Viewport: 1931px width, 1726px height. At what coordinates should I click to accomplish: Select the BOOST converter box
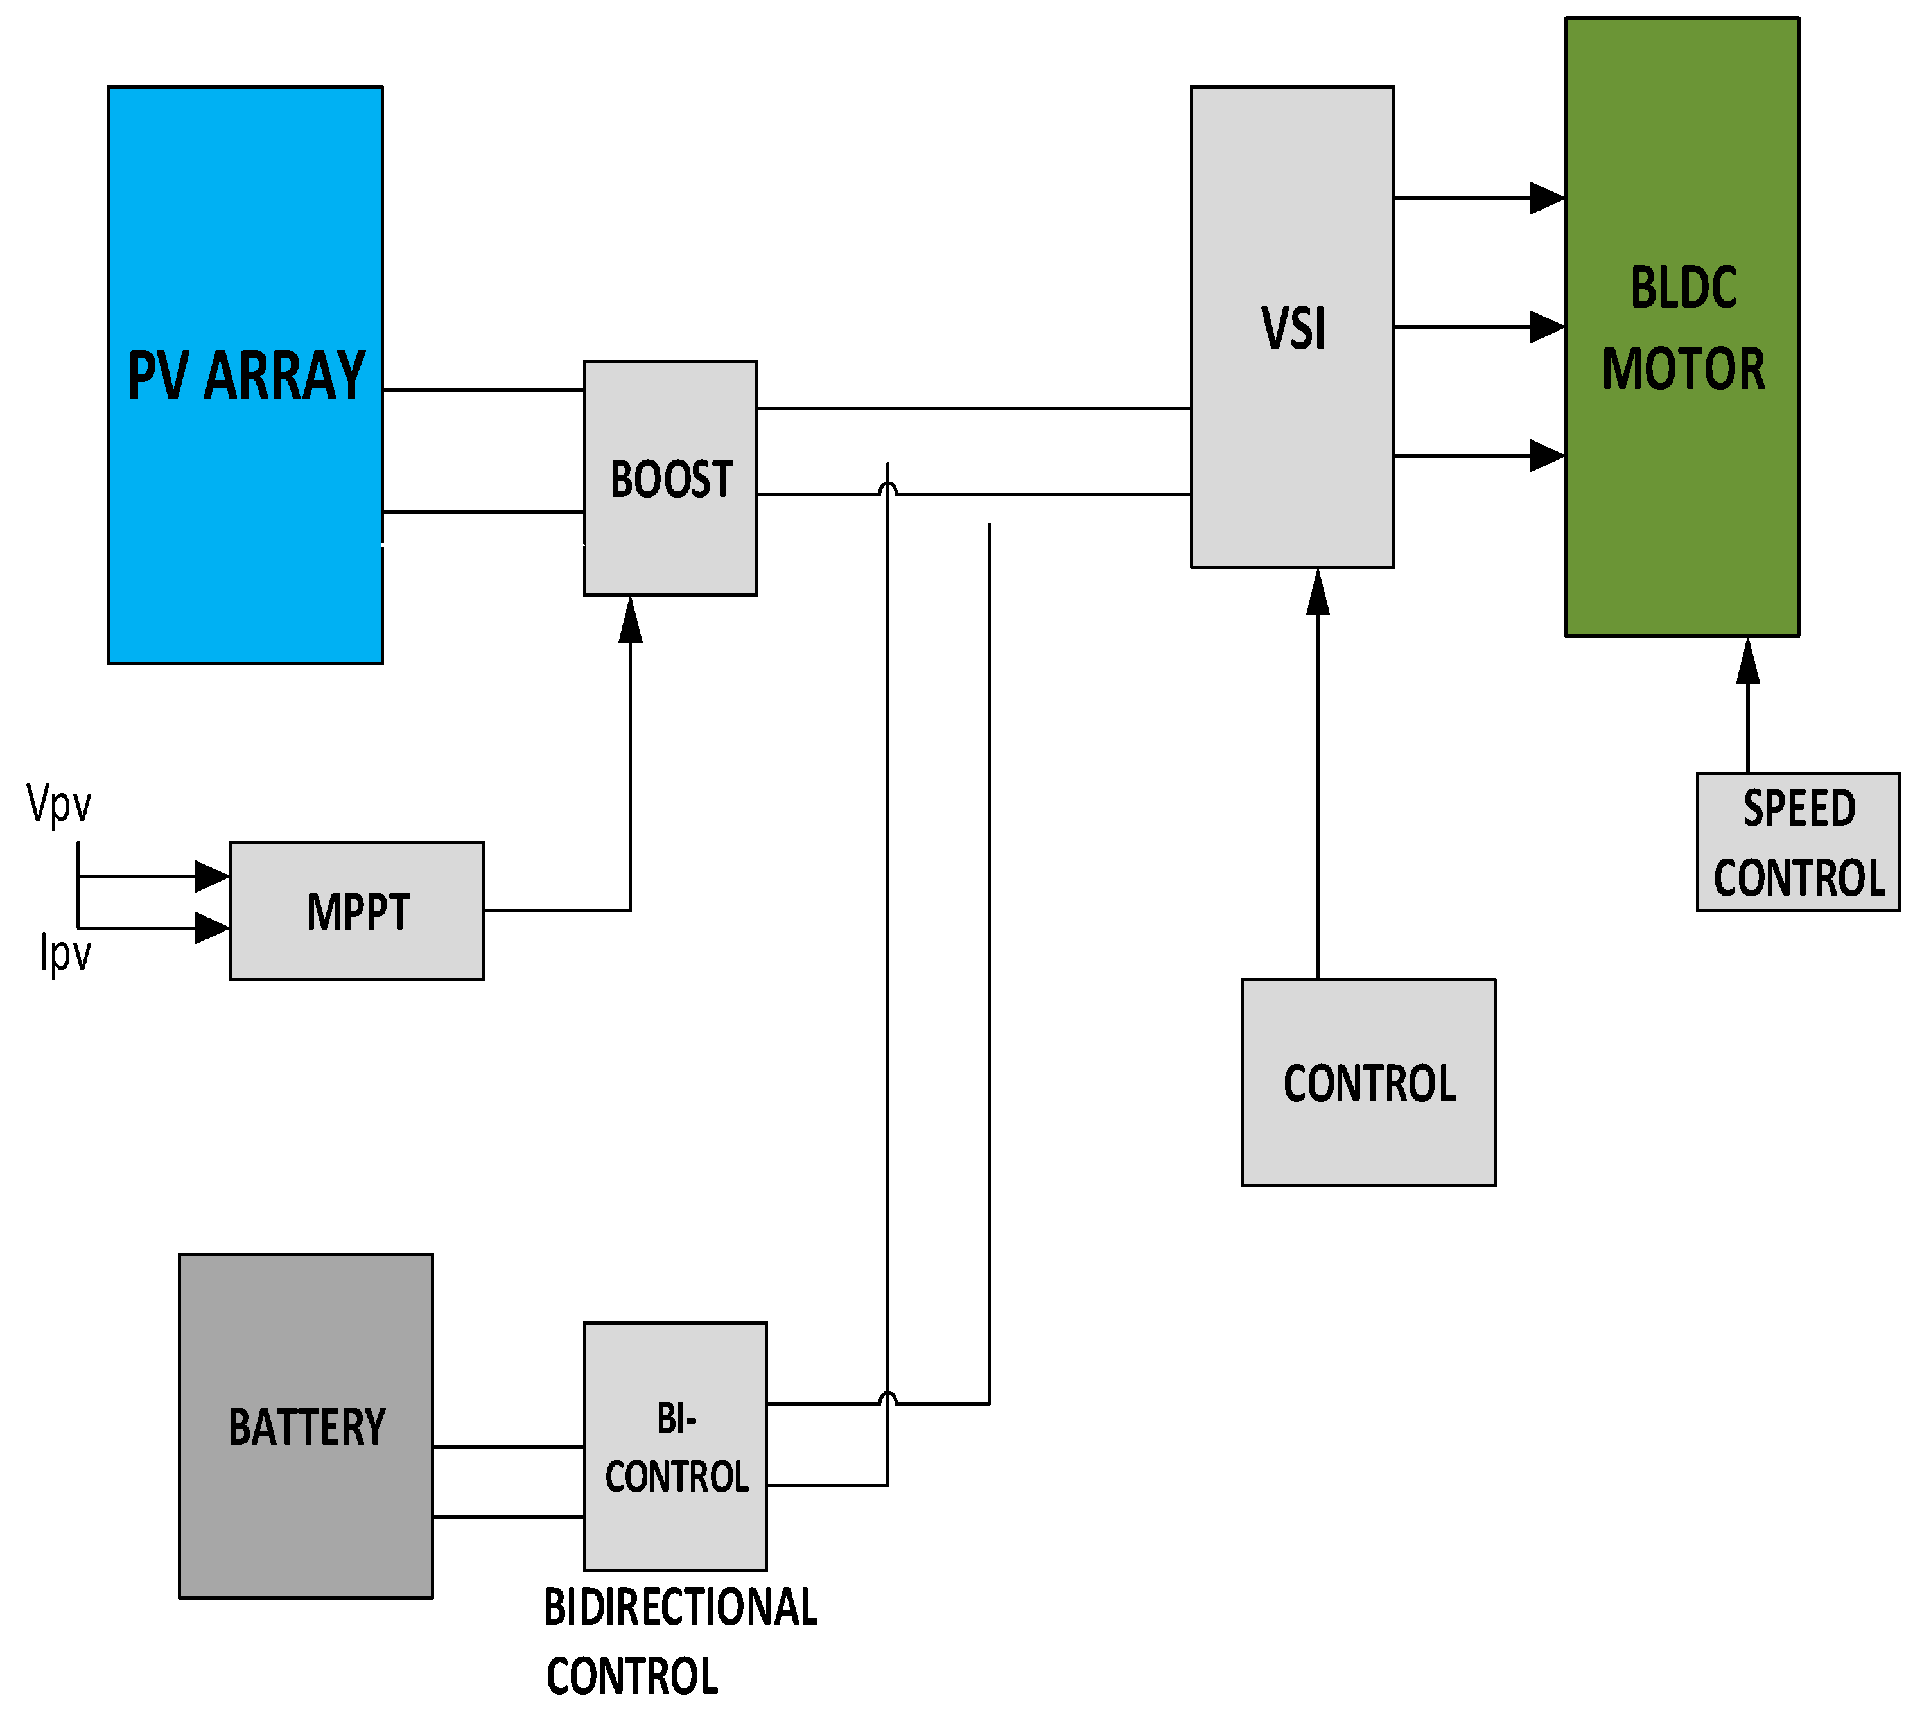(x=670, y=478)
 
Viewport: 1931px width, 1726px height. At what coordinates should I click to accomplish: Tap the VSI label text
(x=1293, y=328)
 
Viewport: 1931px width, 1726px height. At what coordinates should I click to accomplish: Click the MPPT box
(x=356, y=911)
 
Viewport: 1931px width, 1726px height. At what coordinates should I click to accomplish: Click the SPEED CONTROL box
(x=1798, y=842)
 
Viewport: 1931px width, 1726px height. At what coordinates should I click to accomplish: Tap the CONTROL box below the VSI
(x=1368, y=1083)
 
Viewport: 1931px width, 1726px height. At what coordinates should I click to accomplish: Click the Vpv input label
(x=59, y=804)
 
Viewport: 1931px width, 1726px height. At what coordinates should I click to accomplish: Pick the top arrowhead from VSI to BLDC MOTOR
(x=1547, y=198)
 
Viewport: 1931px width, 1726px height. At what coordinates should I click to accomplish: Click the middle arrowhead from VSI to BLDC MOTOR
(x=1547, y=327)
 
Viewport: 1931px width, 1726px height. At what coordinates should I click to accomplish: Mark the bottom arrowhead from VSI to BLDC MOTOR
(x=1547, y=456)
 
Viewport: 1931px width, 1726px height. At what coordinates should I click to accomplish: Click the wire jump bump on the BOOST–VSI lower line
(x=887, y=489)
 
